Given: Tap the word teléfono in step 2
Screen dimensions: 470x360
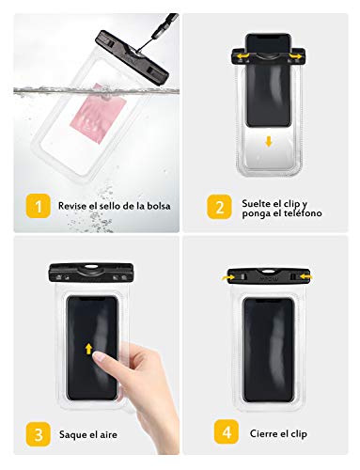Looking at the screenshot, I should click(298, 213).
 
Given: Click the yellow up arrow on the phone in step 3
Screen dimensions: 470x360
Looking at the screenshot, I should click(89, 350).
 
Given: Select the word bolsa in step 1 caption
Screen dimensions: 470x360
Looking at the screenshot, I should click(155, 206).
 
